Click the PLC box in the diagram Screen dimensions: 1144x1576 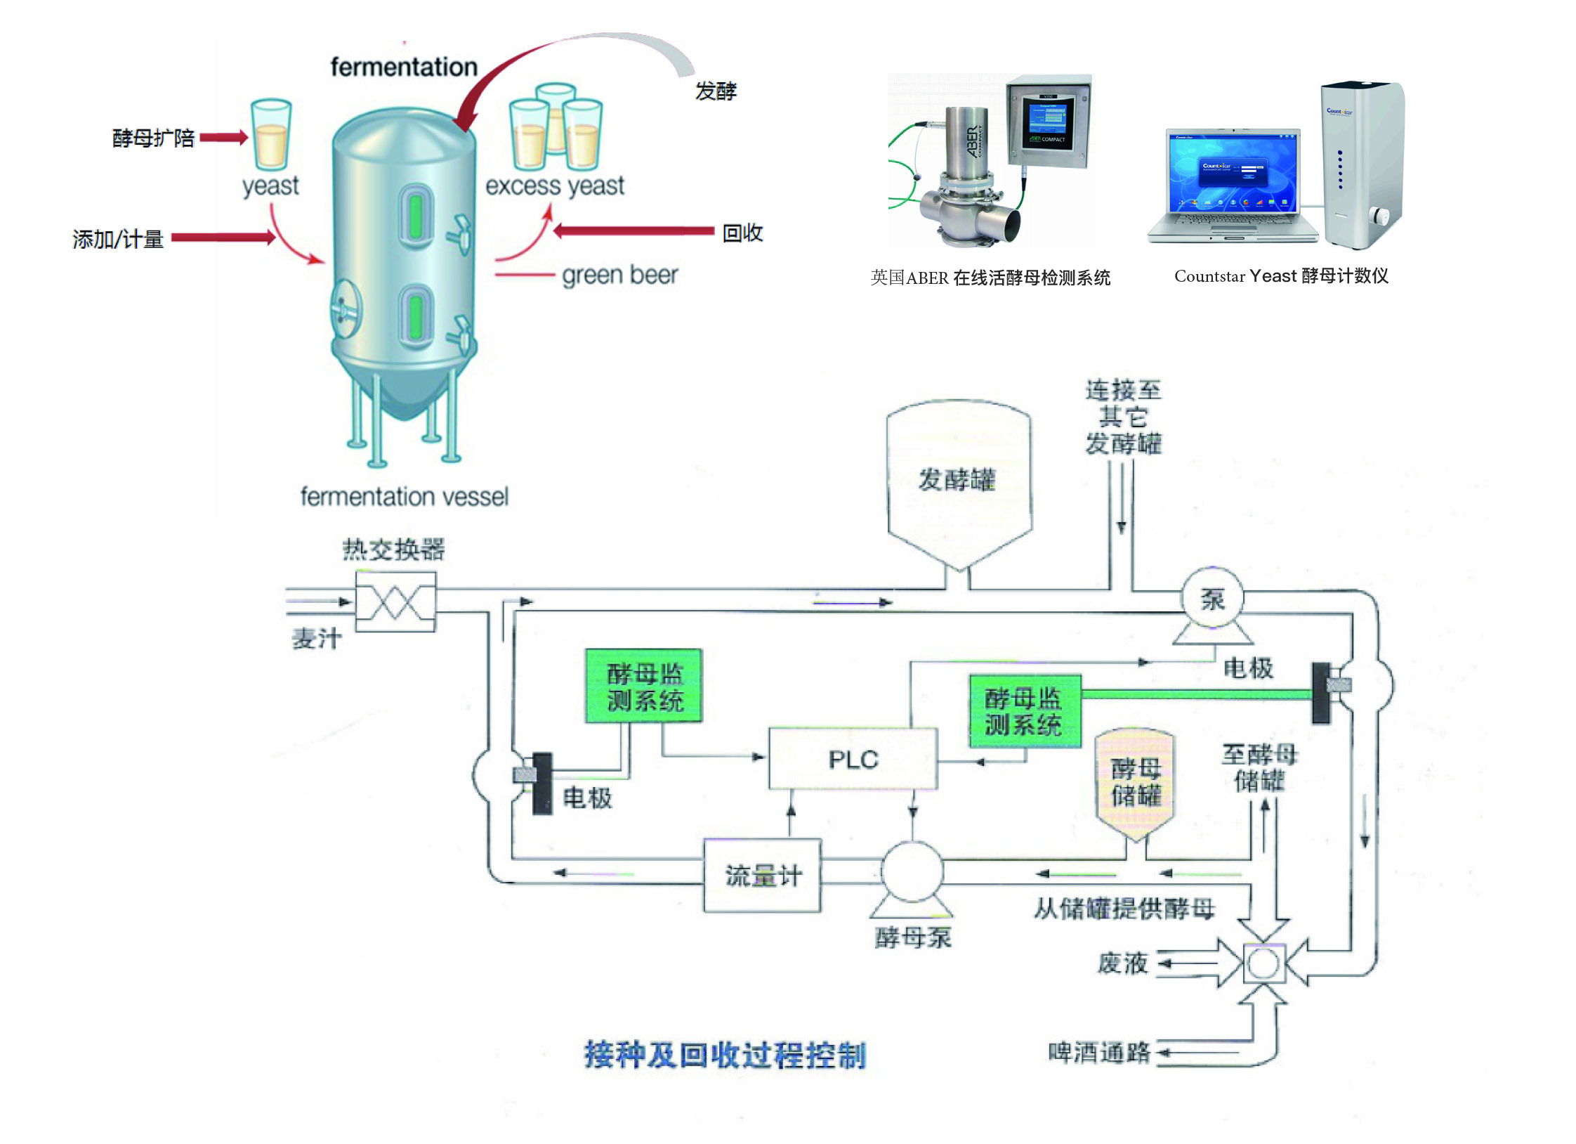tap(853, 759)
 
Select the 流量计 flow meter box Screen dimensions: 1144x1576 tap(763, 876)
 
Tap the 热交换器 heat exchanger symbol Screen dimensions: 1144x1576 tap(395, 602)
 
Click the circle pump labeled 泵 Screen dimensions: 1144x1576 tap(1212, 599)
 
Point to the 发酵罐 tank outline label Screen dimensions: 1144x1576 tap(957, 480)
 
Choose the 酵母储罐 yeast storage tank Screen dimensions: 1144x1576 tap(1136, 784)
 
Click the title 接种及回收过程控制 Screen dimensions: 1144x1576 tap(725, 1055)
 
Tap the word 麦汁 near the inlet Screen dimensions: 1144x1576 tap(317, 638)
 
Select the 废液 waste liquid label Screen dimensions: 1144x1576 tap(1122, 963)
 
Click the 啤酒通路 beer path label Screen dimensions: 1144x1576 tap(1099, 1052)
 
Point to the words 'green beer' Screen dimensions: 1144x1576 tap(619, 275)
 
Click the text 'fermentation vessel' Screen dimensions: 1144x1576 tap(404, 497)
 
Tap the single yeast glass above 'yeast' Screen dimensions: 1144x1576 tap(271, 134)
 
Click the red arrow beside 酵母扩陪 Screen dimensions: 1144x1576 tap(223, 138)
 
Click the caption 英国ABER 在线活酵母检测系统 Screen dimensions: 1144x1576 tap(990, 278)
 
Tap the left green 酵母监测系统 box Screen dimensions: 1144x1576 tap(644, 686)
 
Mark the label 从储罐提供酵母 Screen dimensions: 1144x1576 tap(1124, 909)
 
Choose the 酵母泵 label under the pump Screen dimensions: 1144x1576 tap(913, 937)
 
